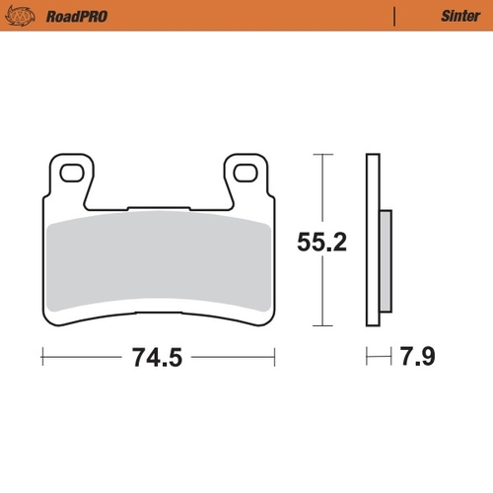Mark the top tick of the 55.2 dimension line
point(322,156)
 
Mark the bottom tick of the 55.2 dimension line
point(322,325)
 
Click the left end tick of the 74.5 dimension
point(43,355)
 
